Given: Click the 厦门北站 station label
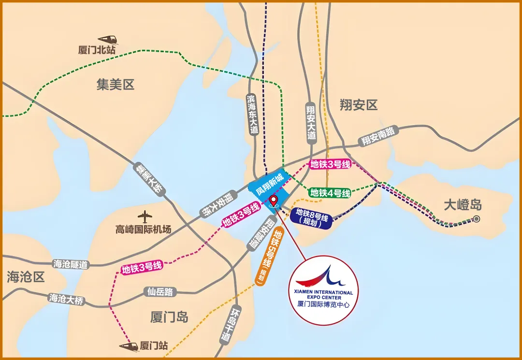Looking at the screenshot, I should coord(97,50).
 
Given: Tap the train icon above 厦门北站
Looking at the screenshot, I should coord(107,39).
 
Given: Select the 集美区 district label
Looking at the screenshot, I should coord(115,85).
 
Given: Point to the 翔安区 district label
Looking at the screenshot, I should coord(358,105).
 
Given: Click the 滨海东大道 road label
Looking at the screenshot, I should coord(252,114).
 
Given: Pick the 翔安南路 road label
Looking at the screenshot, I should coord(378,136).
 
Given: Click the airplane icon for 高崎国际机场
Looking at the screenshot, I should coord(145,216).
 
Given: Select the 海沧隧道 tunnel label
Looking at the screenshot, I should coord(71,264).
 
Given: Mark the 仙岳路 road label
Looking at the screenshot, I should coord(160,292).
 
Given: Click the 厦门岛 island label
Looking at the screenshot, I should coord(169,317).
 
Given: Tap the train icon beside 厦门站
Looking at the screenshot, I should coord(129,346).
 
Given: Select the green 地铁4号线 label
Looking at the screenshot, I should coord(330,193).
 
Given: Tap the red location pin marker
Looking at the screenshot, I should coord(274,201).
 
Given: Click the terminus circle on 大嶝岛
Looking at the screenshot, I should coord(477,219).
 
